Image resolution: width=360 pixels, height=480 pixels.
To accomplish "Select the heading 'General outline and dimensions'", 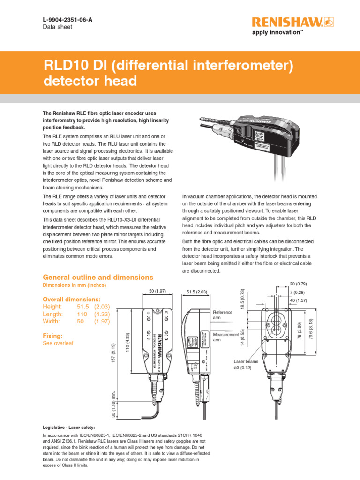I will pyautogui.click(x=98, y=277).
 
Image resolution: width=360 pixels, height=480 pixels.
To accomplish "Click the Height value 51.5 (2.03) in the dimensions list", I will pyautogui.click(x=93, y=307).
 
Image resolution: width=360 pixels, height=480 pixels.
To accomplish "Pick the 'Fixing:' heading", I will pyautogui.click(x=52, y=336).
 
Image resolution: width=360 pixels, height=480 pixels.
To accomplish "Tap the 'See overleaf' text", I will pyautogui.click(x=58, y=343).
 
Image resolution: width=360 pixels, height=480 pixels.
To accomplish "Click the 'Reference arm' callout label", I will pyautogui.click(x=223, y=315).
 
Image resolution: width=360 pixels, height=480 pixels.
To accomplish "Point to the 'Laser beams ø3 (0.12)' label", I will pyautogui.click(x=247, y=365).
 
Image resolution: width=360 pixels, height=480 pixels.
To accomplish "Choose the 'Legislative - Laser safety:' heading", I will pyautogui.click(x=68, y=427).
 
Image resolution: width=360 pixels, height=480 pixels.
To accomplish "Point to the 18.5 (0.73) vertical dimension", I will pyautogui.click(x=242, y=299).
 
